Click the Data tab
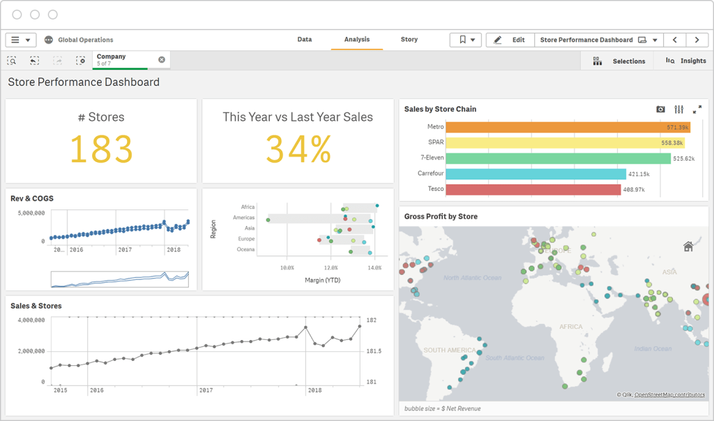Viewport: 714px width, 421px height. (305, 40)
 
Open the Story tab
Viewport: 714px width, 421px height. (409, 40)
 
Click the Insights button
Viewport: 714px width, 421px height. (686, 61)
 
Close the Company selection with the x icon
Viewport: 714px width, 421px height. (162, 59)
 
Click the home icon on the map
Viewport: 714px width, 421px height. (688, 246)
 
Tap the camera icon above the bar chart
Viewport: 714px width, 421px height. (660, 110)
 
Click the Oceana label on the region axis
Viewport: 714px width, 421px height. (245, 249)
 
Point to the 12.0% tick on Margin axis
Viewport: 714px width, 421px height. (331, 267)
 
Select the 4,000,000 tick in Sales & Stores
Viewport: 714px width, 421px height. (30, 320)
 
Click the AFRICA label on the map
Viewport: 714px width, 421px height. (571, 327)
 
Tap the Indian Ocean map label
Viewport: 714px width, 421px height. (653, 348)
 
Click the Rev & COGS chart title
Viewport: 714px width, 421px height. (32, 198)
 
